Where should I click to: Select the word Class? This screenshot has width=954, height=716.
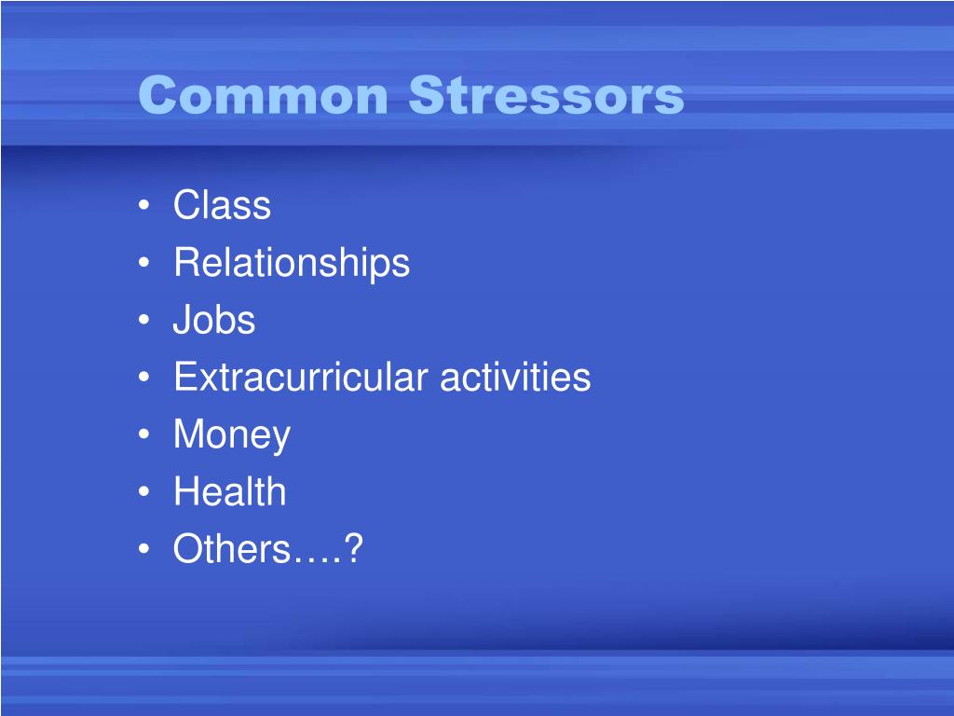point(222,204)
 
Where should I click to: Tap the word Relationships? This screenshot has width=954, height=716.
point(292,263)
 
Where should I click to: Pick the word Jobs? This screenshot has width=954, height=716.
point(214,320)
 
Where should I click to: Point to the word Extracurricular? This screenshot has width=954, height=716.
point(301,377)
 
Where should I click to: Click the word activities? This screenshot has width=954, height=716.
point(514,377)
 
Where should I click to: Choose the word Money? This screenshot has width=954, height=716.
point(232,434)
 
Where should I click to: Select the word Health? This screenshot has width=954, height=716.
point(230,491)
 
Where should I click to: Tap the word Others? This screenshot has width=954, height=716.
point(232,548)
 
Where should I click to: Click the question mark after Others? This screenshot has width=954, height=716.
point(353,548)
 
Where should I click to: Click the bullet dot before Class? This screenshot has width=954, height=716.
point(143,205)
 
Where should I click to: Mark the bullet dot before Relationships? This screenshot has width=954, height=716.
point(143,262)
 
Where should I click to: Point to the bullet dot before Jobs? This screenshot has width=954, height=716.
point(143,320)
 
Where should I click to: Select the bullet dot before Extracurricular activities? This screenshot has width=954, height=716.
point(143,377)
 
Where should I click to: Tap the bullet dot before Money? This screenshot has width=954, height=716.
point(143,434)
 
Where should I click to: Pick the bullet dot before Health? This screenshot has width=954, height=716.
point(143,491)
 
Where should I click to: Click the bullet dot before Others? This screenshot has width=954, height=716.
point(143,548)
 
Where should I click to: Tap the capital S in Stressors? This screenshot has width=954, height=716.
point(427,94)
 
